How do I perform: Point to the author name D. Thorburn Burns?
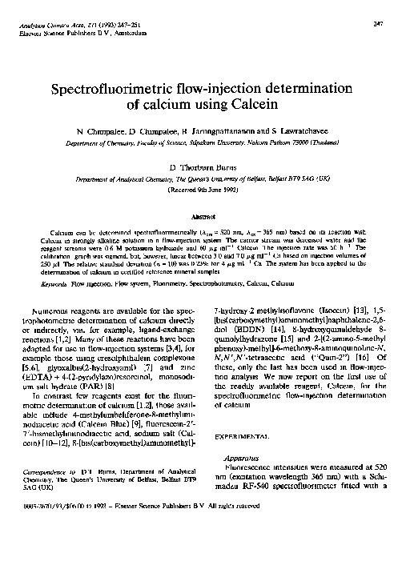[x=204, y=166]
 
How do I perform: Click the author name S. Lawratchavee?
[x=283, y=129]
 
